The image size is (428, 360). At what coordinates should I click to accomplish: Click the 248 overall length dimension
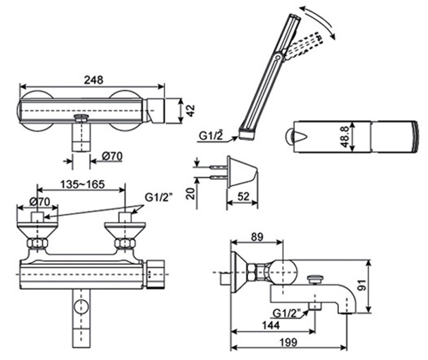point(93,80)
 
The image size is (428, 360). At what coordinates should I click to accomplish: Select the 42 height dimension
point(190,111)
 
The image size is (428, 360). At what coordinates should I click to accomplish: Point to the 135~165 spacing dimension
point(83,184)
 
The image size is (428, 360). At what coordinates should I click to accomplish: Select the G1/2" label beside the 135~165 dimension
point(159,197)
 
